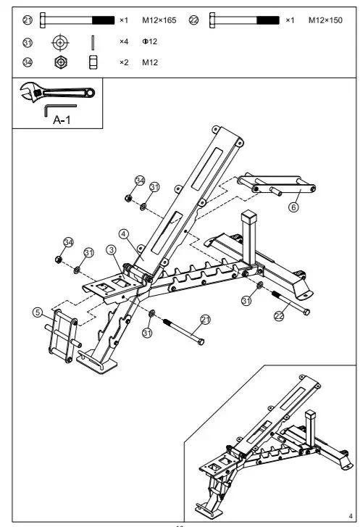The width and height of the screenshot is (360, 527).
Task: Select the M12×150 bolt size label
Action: coord(325,20)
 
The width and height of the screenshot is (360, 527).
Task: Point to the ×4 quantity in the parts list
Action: coord(124,42)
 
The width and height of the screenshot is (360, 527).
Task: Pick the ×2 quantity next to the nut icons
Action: coord(124,63)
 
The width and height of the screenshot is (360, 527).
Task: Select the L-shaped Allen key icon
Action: coord(59,109)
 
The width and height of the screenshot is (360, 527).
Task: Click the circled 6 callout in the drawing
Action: coord(293,207)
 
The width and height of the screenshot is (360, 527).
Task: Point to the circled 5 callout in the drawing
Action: coord(38,312)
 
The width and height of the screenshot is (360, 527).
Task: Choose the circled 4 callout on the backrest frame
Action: coord(124,234)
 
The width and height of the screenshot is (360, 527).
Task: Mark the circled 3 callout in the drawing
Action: coord(111,249)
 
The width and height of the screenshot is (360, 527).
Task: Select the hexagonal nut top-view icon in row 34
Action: coord(59,63)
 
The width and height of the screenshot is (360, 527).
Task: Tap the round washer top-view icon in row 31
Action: coord(59,42)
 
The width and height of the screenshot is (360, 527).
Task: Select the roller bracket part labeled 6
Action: coord(279,185)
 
